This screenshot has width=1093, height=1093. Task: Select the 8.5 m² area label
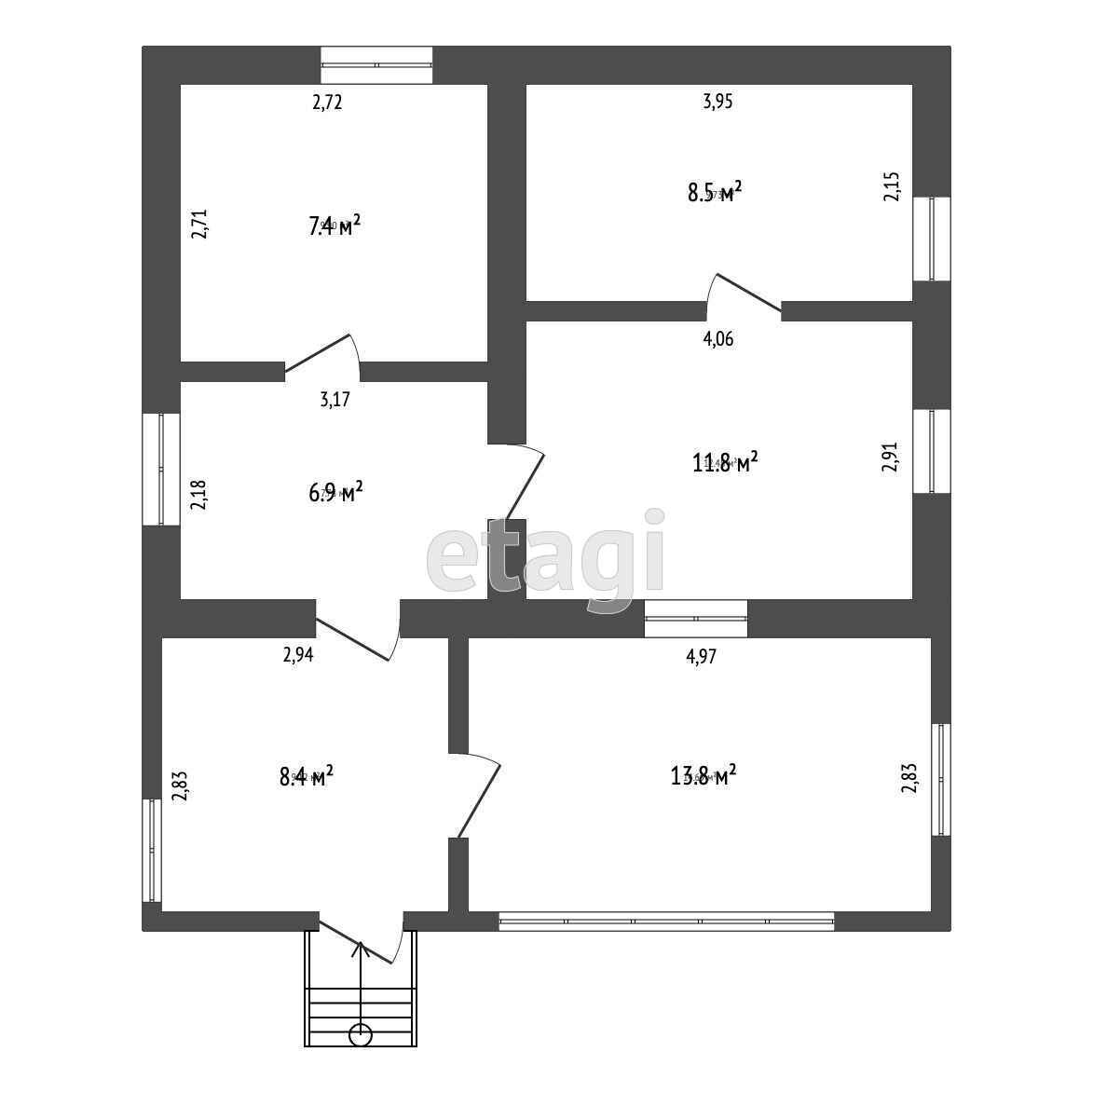tap(715, 193)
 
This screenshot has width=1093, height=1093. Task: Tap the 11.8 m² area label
tap(724, 462)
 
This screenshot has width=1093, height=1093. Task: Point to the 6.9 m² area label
tap(335, 492)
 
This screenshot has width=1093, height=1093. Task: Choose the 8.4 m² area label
tap(307, 775)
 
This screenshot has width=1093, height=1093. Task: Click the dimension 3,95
tap(717, 102)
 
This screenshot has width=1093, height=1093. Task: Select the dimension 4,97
tap(701, 656)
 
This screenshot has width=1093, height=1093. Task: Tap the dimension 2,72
tap(327, 102)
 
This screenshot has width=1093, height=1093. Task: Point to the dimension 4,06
tap(717, 339)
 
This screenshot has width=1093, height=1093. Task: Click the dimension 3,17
tap(335, 401)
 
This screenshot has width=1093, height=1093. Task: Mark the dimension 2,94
tap(298, 655)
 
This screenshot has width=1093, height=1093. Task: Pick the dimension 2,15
tap(892, 186)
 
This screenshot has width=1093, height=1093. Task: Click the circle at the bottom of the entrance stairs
tap(361, 1034)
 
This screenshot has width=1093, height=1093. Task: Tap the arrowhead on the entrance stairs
tap(361, 950)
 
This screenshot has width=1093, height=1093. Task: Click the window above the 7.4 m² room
tap(376, 65)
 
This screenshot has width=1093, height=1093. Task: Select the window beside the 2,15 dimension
tap(932, 239)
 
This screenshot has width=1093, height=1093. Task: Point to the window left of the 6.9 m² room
tap(161, 469)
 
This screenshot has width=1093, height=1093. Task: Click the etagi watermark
tap(546, 559)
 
